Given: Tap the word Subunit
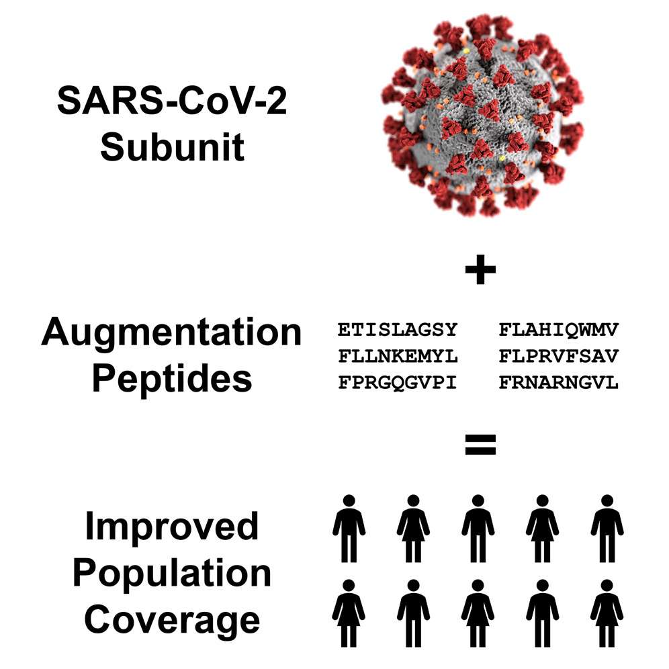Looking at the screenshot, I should point(172,147).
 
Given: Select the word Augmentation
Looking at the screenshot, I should point(171,334).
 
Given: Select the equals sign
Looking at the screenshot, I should point(480,443).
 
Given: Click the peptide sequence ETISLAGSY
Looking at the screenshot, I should point(398,330).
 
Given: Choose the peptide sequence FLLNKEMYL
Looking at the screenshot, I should point(398,357).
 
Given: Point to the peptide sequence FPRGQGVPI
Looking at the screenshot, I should point(398,383).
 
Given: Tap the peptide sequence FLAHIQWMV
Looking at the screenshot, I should point(558,330).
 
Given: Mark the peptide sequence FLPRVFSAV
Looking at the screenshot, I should point(558,357).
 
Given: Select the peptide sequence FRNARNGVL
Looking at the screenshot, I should point(558,383).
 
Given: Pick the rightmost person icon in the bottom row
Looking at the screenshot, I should point(607,609).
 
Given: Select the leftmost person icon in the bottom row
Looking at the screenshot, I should point(349,609).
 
